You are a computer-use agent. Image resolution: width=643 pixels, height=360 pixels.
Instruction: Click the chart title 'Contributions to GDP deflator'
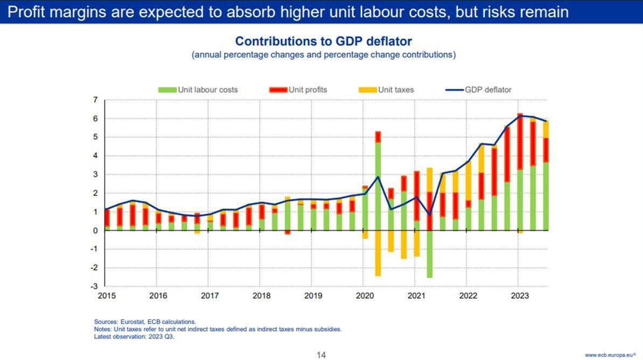[x=323, y=41]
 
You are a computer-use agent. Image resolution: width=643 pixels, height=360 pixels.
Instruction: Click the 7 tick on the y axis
[x=95, y=100]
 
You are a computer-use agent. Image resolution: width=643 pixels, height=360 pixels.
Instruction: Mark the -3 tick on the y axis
[x=94, y=286]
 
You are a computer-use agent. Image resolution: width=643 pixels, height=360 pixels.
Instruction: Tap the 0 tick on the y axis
[x=95, y=230]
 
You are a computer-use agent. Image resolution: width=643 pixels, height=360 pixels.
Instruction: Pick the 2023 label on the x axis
[x=519, y=295]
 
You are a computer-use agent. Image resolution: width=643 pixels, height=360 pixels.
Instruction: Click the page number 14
[x=321, y=355]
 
